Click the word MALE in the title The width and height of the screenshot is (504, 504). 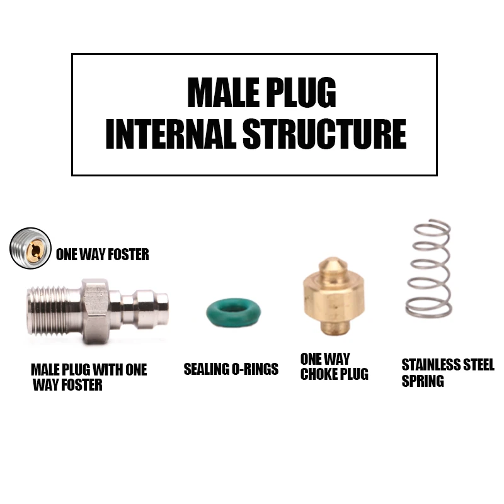tap(224, 93)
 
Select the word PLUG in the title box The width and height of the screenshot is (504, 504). tap(300, 93)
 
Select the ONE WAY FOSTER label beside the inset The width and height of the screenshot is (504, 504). tap(102, 255)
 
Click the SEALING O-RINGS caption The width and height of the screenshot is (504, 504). tap(231, 369)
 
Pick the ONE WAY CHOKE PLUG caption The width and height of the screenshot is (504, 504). tap(334, 366)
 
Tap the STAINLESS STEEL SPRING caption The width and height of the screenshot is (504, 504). tap(448, 372)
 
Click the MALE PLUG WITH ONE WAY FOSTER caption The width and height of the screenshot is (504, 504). tap(88, 377)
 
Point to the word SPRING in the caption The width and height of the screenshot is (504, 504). tap(423, 381)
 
